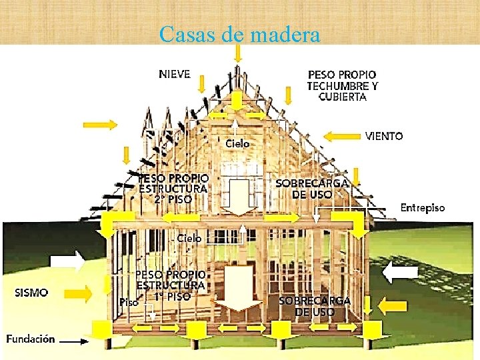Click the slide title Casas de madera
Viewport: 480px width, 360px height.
pos(240,34)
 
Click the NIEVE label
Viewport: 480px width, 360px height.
pos(175,73)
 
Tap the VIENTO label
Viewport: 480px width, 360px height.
pos(384,136)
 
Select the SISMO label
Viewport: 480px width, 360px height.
pos(32,292)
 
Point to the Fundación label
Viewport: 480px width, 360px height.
pos(31,339)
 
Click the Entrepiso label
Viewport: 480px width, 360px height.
pos(423,208)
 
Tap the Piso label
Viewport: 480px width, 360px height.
pos(129,302)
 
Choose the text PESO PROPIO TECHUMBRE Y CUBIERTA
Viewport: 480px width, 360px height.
pos(342,85)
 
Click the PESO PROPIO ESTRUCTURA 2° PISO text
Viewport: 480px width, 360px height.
pos(173,189)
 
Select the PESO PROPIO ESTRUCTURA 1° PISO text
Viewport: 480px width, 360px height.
pos(171,285)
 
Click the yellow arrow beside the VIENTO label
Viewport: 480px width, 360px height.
pos(341,137)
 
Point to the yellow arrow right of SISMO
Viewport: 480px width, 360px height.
pos(79,292)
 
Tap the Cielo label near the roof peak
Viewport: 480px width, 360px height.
pos(237,143)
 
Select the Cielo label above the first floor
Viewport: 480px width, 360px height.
pos(189,238)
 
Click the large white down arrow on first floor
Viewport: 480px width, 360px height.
pos(239,287)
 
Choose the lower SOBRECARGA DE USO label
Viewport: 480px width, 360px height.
pos(315,306)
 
